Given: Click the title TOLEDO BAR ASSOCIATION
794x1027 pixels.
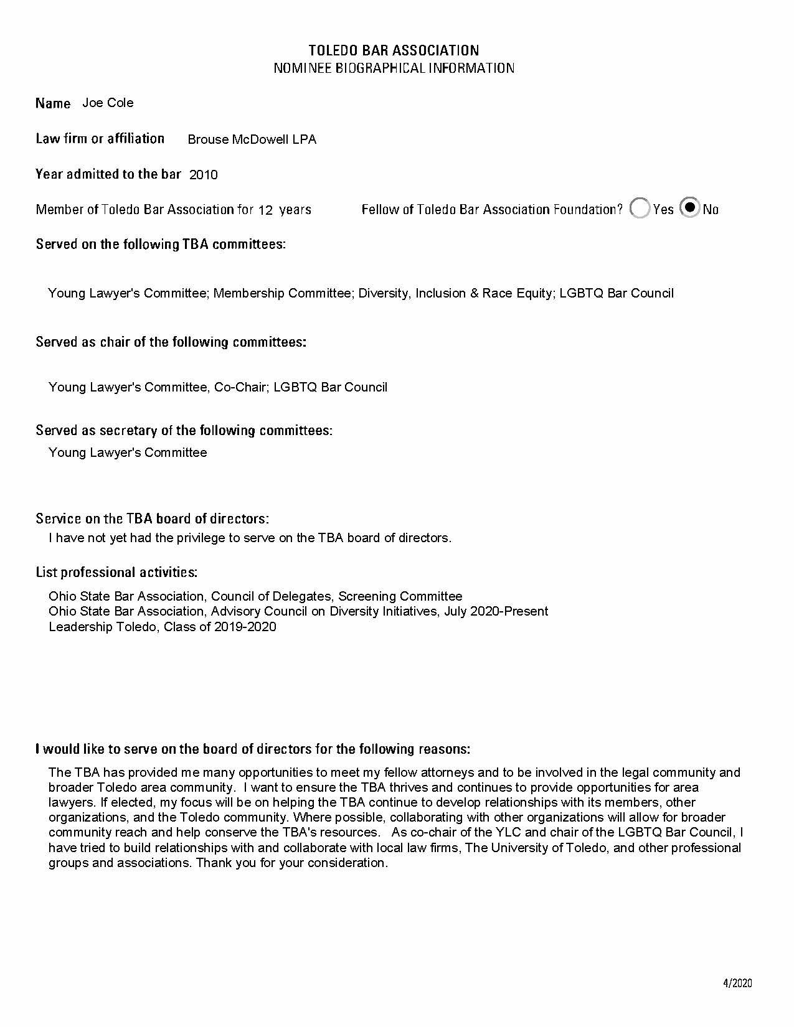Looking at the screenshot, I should pyautogui.click(x=394, y=50).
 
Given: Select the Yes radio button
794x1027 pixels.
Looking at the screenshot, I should pyautogui.click(x=640, y=209).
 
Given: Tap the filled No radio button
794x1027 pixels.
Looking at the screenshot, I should pyautogui.click(x=689, y=208).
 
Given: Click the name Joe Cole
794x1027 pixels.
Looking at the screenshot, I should pyautogui.click(x=108, y=103).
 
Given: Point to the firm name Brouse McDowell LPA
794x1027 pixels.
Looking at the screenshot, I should pyautogui.click(x=252, y=139).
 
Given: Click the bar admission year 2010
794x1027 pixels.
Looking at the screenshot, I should pyautogui.click(x=204, y=175).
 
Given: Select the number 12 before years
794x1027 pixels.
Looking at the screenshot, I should pyautogui.click(x=265, y=210).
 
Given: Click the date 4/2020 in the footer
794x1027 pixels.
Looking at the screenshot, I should pyautogui.click(x=737, y=983).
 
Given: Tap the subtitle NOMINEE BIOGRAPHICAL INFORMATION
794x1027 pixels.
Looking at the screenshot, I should pyautogui.click(x=394, y=68).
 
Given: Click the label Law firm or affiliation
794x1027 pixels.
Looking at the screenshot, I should pyautogui.click(x=100, y=139).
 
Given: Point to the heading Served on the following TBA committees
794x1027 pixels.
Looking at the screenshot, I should pyautogui.click(x=161, y=244).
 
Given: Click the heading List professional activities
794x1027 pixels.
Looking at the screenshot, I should pyautogui.click(x=116, y=572).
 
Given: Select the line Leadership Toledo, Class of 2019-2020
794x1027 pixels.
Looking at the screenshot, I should pyautogui.click(x=163, y=627).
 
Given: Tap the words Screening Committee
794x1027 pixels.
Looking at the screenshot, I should pyautogui.click(x=400, y=596).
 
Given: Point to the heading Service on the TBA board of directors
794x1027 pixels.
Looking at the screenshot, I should pyautogui.click(x=153, y=518).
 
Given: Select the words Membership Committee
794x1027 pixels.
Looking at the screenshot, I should pyautogui.click(x=282, y=293).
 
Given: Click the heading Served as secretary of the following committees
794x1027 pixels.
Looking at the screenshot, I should pyautogui.click(x=184, y=430).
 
